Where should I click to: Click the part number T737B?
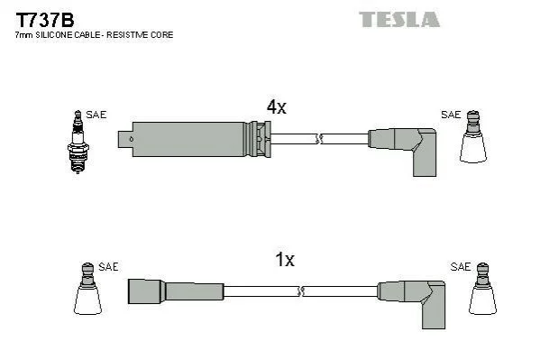[45, 20]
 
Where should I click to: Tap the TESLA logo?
[399, 19]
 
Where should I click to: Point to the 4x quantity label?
[276, 106]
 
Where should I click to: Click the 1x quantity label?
[285, 259]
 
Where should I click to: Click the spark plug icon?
[78, 142]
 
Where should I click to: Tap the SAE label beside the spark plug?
[96, 115]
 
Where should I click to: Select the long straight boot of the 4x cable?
[188, 139]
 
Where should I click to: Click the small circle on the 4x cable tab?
[131, 139]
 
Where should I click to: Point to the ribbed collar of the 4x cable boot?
[259, 139]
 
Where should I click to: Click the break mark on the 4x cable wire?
[319, 139]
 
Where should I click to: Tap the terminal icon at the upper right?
[473, 136]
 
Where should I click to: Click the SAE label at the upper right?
[451, 115]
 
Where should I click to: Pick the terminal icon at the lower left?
[87, 289]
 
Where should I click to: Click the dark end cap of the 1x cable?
[145, 291]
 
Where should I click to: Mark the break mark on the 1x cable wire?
[300, 291]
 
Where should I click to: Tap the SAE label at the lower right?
[461, 266]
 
